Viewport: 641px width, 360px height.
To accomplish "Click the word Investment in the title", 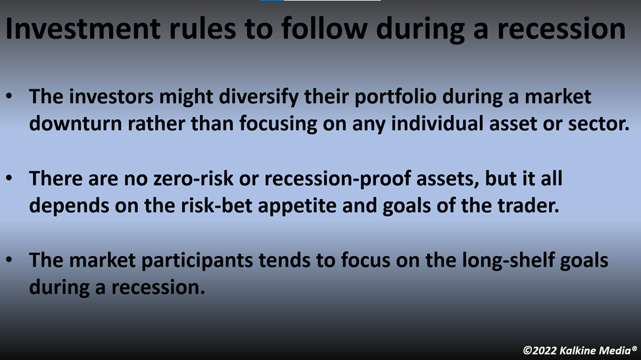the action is pos(83,29).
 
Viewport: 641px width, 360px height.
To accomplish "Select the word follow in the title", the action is pos(324,29).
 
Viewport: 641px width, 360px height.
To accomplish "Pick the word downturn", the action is pos(76,124).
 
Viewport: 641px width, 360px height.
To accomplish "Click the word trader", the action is pos(528,206).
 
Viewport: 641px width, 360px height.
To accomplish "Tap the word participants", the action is pos(197,261).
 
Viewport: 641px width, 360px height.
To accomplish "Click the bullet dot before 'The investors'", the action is pos(9,97).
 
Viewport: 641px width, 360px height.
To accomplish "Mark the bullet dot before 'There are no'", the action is pos(9,179).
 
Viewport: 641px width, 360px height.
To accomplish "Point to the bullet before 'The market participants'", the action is pos(9,260).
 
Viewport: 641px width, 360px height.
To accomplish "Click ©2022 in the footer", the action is pos(539,351).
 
